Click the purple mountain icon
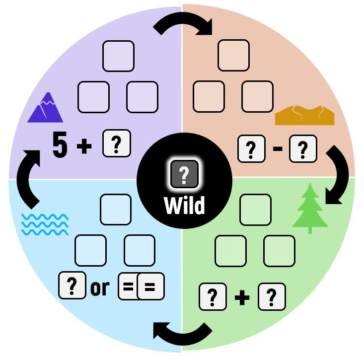click(x=45, y=108)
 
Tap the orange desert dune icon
click(x=304, y=115)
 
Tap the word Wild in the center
click(x=184, y=205)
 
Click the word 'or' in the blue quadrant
click(x=100, y=288)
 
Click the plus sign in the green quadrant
click(x=241, y=297)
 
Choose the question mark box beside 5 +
click(x=116, y=144)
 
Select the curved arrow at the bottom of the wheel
click(x=182, y=332)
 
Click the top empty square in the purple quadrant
click(x=118, y=56)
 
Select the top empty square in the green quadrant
click(x=255, y=210)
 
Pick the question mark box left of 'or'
click(x=72, y=286)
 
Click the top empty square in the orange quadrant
click(x=233, y=56)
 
